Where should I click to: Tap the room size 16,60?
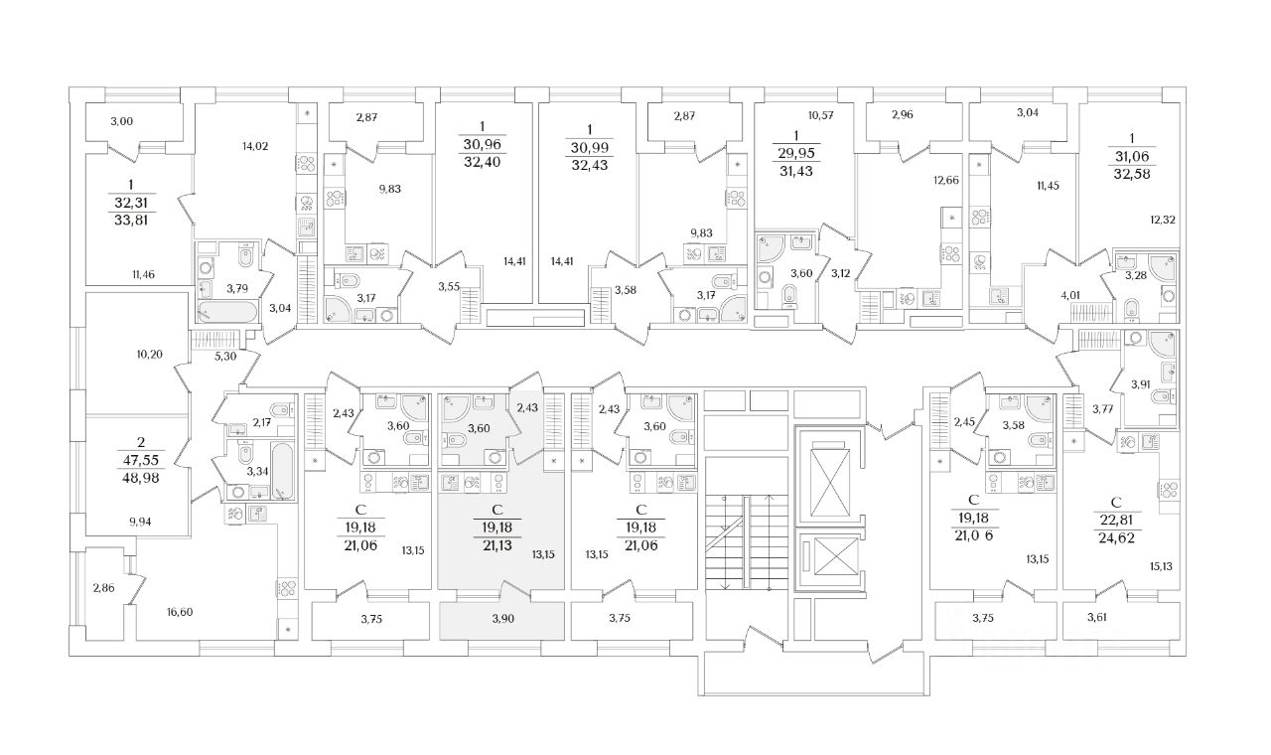coord(179,612)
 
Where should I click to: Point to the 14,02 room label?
coord(256,146)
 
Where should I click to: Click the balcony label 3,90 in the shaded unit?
coord(503,618)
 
